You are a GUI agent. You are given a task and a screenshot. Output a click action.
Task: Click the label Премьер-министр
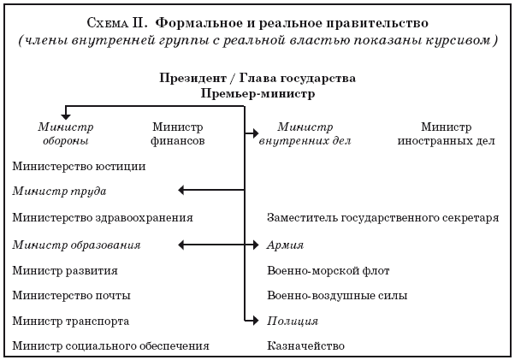coord(257,93)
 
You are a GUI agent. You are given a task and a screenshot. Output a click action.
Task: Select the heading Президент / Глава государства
coord(257,78)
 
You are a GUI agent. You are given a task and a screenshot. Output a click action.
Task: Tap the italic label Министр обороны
coord(64,133)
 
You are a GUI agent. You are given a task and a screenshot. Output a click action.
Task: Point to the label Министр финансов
coord(177,133)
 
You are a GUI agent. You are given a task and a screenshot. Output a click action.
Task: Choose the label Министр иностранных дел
coord(446,133)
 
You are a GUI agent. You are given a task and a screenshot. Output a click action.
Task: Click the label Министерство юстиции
coord(79,167)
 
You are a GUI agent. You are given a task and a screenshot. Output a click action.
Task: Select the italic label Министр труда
coord(60,191)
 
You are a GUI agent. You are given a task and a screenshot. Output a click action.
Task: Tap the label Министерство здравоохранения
coord(103,218)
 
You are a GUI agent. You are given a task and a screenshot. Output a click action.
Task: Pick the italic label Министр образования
coord(76,245)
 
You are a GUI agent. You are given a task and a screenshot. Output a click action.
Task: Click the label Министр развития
coord(65,270)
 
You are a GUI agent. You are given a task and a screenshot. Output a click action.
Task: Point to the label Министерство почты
coord(72,295)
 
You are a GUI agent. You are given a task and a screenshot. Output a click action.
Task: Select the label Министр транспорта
coord(71,321)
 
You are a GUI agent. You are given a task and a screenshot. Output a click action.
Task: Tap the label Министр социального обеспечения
coord(111,345)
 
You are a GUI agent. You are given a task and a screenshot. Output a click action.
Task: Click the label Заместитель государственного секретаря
coord(382,218)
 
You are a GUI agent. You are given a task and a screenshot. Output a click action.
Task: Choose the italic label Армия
coord(285,245)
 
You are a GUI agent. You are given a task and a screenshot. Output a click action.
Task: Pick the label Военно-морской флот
coord(329,270)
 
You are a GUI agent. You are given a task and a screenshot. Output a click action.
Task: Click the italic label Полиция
coord(293,321)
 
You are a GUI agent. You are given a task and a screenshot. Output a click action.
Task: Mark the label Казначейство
coord(305,345)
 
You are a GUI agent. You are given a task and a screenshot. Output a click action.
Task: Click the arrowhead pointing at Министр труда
coord(181,190)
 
